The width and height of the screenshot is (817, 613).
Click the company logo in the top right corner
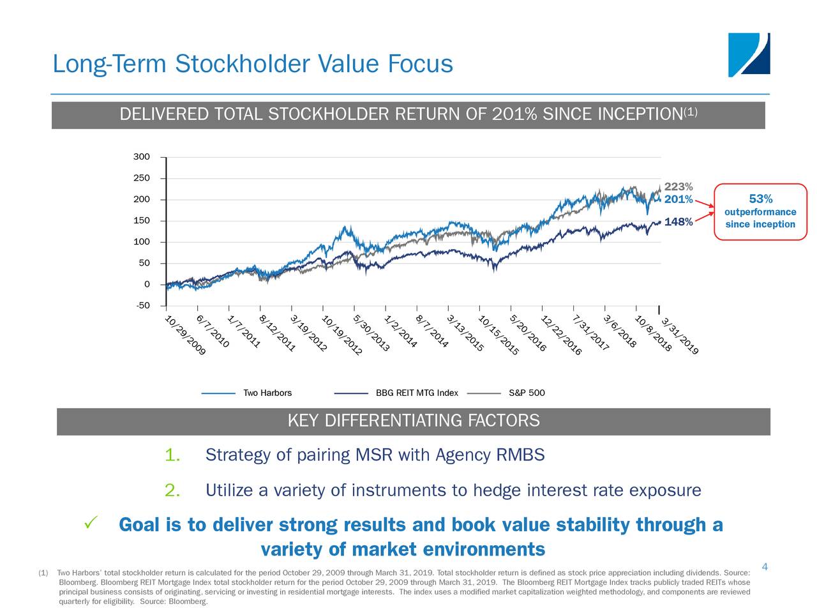749,55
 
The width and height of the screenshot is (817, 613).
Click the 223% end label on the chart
678,187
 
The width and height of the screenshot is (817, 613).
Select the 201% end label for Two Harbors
678,200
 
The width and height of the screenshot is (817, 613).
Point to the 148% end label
678,222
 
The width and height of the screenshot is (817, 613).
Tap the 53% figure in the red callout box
760,199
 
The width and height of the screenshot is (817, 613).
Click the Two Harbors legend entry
267,393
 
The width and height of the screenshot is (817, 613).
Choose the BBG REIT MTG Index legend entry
417,393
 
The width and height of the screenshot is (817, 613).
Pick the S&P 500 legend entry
527,393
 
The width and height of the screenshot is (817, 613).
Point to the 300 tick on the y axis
142,157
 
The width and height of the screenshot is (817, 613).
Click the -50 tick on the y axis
142,306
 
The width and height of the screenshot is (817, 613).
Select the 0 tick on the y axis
147,284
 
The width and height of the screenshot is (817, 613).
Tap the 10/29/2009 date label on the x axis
186,336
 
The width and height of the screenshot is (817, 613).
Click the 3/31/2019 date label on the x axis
680,337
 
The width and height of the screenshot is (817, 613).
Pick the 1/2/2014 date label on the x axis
401,332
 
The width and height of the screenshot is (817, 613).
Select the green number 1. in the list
172,455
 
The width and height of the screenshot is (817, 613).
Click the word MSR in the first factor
373,455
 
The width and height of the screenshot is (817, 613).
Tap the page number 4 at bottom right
765,567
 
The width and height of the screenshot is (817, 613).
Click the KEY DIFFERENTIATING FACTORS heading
414,421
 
